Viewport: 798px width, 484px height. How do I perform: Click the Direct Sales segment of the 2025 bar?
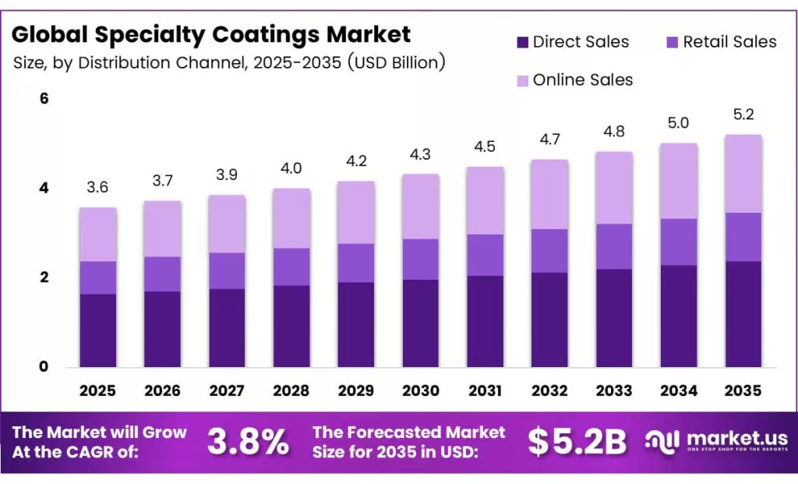97,330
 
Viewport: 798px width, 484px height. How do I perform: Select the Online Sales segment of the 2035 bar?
743,173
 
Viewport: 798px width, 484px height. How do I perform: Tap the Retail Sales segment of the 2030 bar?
421,259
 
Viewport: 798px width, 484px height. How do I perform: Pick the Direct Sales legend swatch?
522,42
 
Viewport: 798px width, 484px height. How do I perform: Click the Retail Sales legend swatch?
671,42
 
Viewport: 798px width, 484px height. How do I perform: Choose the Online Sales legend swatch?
522,79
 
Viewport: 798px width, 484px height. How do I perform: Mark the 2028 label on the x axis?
291,390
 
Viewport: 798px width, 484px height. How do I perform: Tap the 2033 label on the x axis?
614,390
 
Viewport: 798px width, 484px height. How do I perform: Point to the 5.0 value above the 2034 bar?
679,122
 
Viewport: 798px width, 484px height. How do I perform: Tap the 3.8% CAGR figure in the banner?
248,442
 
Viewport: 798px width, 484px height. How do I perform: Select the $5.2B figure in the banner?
577,442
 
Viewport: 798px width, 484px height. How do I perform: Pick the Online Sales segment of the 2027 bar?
227,224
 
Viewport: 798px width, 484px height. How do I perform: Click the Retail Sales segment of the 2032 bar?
549,250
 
